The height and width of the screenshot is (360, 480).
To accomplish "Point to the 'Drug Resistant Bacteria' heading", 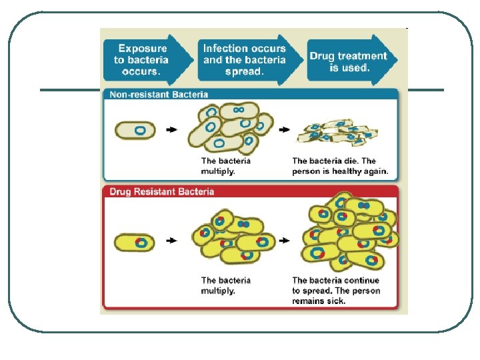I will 161,191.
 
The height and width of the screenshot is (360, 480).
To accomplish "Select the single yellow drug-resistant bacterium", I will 135,242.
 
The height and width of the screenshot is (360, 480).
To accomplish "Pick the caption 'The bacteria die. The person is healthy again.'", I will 340,166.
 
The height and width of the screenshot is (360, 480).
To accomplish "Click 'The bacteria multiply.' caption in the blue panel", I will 226,166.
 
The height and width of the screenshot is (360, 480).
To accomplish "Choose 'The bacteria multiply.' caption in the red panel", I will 226,285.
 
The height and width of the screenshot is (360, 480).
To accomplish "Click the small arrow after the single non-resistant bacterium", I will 172,130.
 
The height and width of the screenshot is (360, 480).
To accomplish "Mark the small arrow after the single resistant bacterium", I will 172,241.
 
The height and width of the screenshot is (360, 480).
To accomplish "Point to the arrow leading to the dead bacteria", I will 285,130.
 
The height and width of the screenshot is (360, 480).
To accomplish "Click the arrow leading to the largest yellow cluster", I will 285,241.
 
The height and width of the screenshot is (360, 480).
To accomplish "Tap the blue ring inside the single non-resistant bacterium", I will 140,130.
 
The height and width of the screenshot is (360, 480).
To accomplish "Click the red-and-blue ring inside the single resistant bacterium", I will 141,243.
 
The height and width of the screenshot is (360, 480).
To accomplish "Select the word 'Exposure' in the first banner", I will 143,49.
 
